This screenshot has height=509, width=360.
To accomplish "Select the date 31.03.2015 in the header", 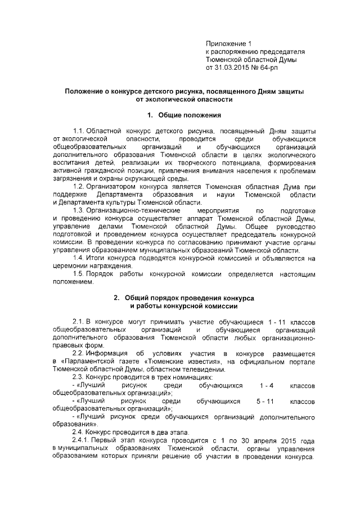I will [235, 67].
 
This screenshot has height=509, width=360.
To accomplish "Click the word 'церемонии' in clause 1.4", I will [70, 266].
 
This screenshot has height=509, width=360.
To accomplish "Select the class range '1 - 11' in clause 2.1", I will [247, 321].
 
